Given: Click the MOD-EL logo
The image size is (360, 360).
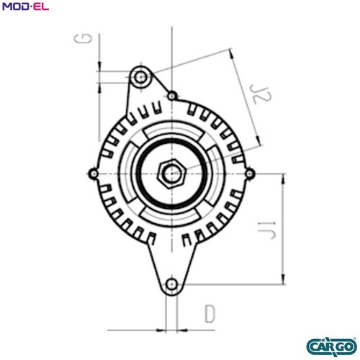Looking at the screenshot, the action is pos(25,6).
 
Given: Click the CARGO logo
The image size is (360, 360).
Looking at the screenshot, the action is pos(332,346).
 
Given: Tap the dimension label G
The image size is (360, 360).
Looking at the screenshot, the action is pos(83,38).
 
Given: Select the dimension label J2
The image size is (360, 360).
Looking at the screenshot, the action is pos(260,94).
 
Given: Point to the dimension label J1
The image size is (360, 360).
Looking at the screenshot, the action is pos(266,230).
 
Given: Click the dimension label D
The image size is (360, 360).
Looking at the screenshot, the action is pos(210,314).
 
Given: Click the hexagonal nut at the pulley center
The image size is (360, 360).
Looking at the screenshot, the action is pos(171,174).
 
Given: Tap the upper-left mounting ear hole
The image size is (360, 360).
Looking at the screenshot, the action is pos(140,77).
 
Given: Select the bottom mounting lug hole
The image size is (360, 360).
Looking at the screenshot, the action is pos(171,284).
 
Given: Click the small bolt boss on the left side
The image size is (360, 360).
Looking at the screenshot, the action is pos(94,174).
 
